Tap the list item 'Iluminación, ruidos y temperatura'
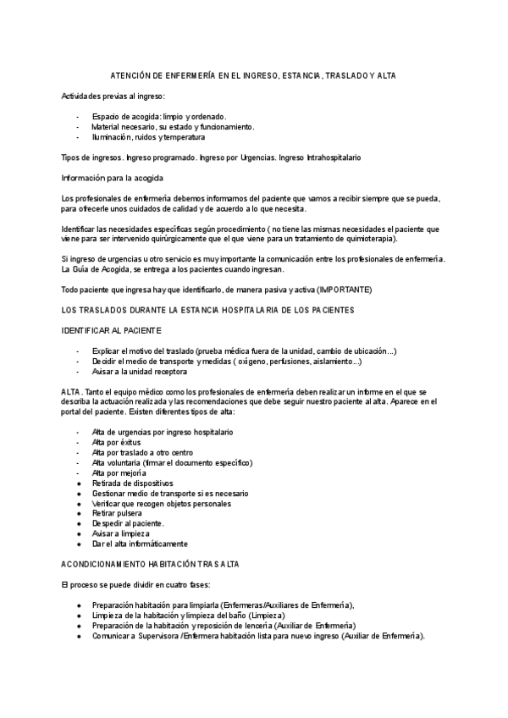(148, 137)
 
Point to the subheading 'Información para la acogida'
(113, 178)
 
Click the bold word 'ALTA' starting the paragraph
(71, 392)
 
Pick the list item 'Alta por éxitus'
(116, 442)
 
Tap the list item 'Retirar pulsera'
(117, 513)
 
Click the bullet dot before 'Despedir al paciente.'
(78, 523)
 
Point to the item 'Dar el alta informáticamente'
(140, 544)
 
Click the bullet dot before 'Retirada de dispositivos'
(78, 483)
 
